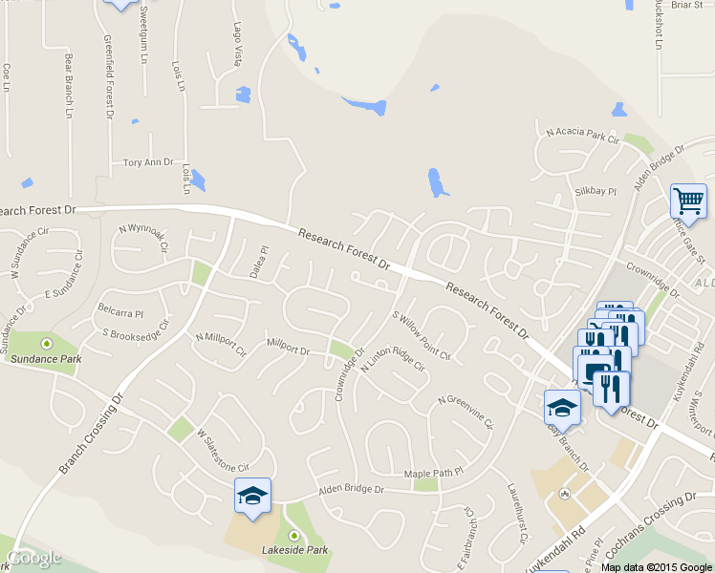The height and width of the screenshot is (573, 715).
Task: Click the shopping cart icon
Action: [x=688, y=201]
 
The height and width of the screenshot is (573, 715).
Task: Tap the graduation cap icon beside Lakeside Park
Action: [x=252, y=496]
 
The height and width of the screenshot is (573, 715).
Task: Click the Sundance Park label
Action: [x=46, y=359]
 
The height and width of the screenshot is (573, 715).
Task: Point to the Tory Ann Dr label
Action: [x=148, y=163]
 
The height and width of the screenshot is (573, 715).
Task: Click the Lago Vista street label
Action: [x=237, y=46]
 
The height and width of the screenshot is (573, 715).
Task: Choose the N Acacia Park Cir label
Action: [x=583, y=136]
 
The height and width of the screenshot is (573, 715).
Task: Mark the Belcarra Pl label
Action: [x=119, y=312]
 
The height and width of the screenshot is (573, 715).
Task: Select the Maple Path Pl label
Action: [x=433, y=472]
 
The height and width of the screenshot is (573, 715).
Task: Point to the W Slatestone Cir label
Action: [x=223, y=451]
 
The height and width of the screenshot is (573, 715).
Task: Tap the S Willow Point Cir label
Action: [x=421, y=334]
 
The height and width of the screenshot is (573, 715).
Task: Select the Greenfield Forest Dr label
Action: [x=108, y=76]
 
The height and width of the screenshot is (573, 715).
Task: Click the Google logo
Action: [x=34, y=558]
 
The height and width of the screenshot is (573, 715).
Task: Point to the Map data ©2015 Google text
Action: [x=656, y=566]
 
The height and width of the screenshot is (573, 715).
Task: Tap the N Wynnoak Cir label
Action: [x=143, y=237]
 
